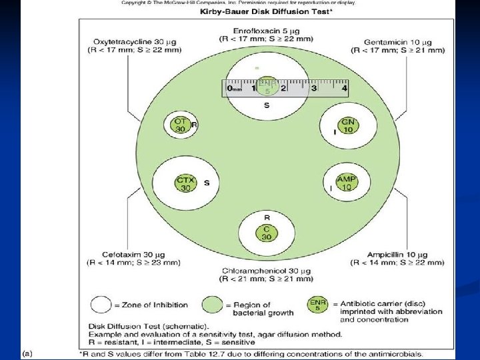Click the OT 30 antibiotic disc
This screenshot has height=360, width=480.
(180, 125)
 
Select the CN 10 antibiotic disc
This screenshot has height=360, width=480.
(347, 125)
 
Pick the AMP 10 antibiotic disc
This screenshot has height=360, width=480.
(346, 183)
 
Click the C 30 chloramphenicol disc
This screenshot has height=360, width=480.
(266, 233)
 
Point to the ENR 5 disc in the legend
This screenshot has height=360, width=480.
(317, 305)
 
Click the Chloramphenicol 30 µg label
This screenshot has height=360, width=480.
(266, 271)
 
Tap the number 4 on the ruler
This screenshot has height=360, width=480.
(344, 87)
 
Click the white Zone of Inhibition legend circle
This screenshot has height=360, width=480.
(101, 305)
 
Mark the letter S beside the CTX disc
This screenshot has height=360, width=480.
(207, 183)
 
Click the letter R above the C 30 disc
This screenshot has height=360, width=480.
(266, 218)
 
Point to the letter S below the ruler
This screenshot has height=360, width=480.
(267, 105)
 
